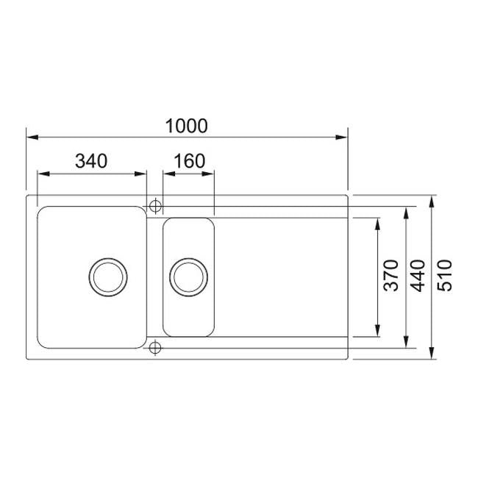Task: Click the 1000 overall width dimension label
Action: pos(186,126)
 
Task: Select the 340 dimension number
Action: pos(91,161)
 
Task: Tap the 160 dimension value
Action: pos(189,161)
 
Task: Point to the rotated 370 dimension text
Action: pos(391,276)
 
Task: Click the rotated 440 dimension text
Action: pos(418,276)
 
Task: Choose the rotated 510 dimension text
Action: pos(444,276)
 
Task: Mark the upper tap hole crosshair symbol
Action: pos(155,207)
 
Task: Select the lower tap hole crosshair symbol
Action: pos(155,347)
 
